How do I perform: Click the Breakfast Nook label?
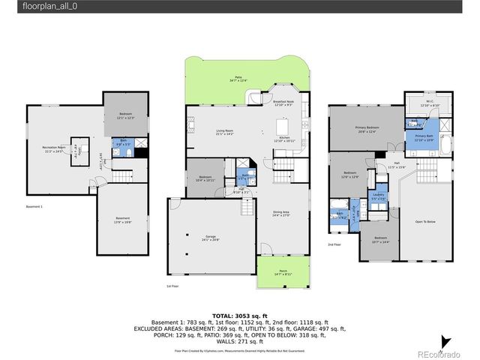pos(283,103)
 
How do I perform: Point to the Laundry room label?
pos(379,196)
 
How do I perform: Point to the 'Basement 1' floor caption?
pos(35,205)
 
